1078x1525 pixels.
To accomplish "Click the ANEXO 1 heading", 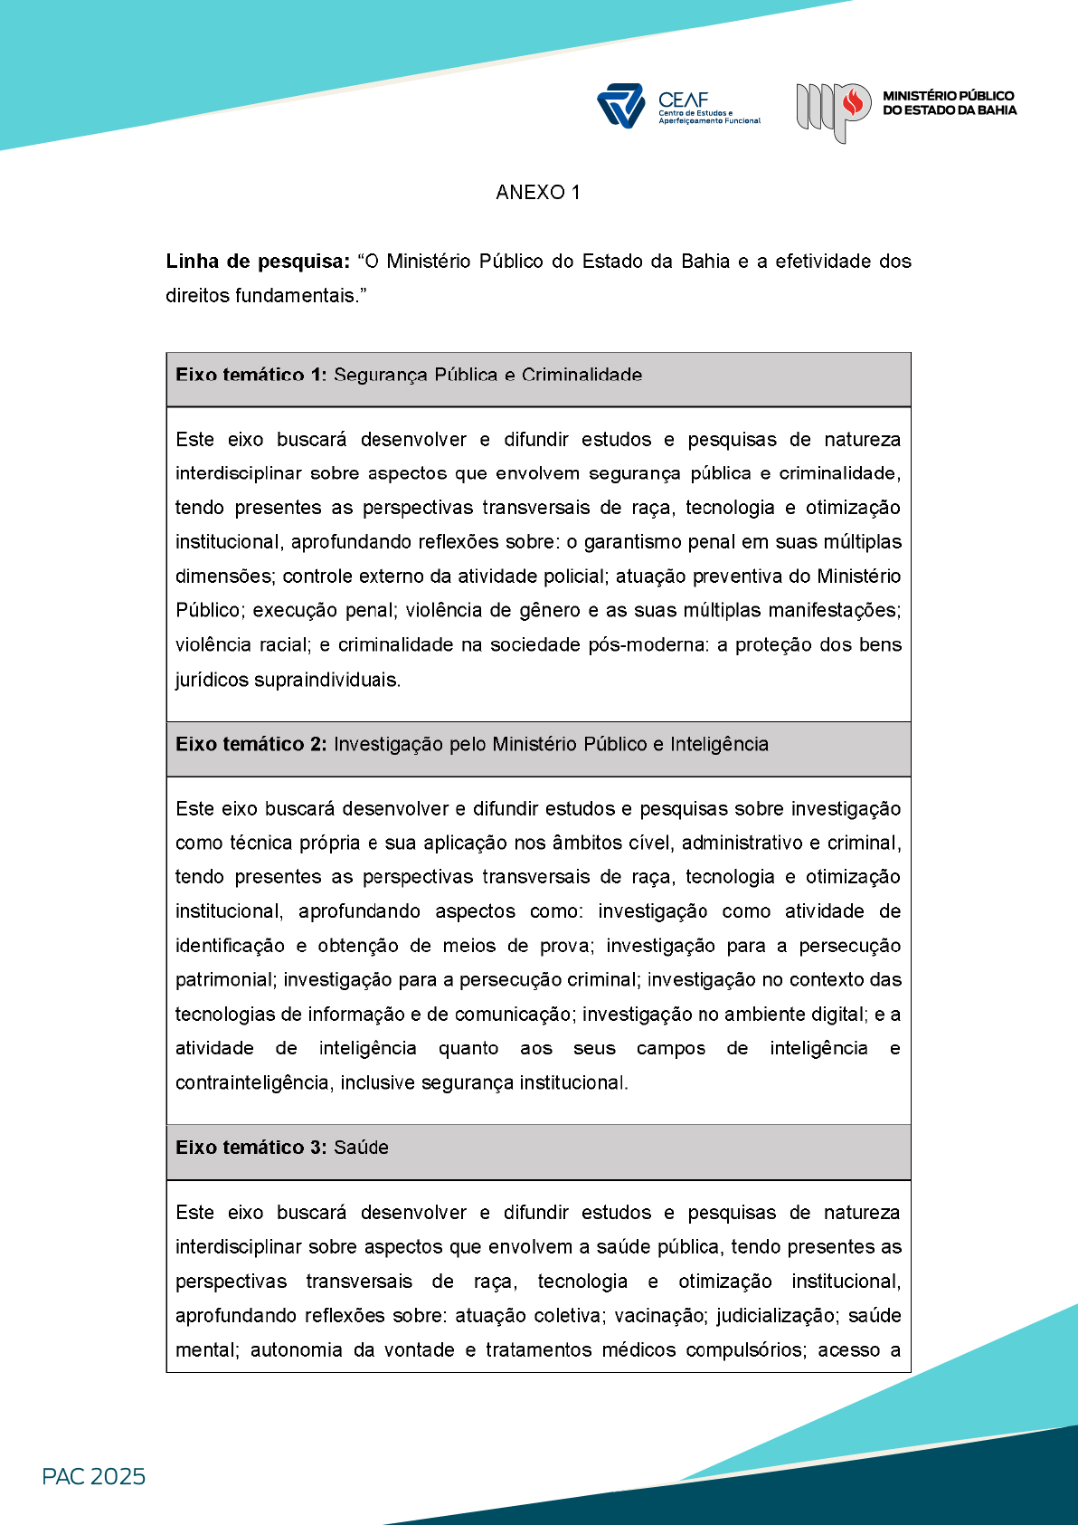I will [x=538, y=192].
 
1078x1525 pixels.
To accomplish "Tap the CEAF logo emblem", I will [x=620, y=106].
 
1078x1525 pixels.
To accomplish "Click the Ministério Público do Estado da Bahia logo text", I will [x=949, y=103].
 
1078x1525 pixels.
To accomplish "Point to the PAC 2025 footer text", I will [x=93, y=1476].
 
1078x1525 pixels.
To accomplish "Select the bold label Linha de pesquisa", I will [x=258, y=262].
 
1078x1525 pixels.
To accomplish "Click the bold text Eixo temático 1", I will [x=251, y=376].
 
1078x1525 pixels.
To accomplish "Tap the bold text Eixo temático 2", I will [x=251, y=744].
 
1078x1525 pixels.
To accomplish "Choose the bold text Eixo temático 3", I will [x=251, y=1148].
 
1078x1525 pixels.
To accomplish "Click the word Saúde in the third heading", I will [x=361, y=1148].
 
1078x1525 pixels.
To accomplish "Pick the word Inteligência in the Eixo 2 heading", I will [x=719, y=744].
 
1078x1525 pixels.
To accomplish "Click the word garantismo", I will [x=622, y=542].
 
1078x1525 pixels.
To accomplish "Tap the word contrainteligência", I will [x=252, y=1083].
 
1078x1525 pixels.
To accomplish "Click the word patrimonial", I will [x=224, y=980].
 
